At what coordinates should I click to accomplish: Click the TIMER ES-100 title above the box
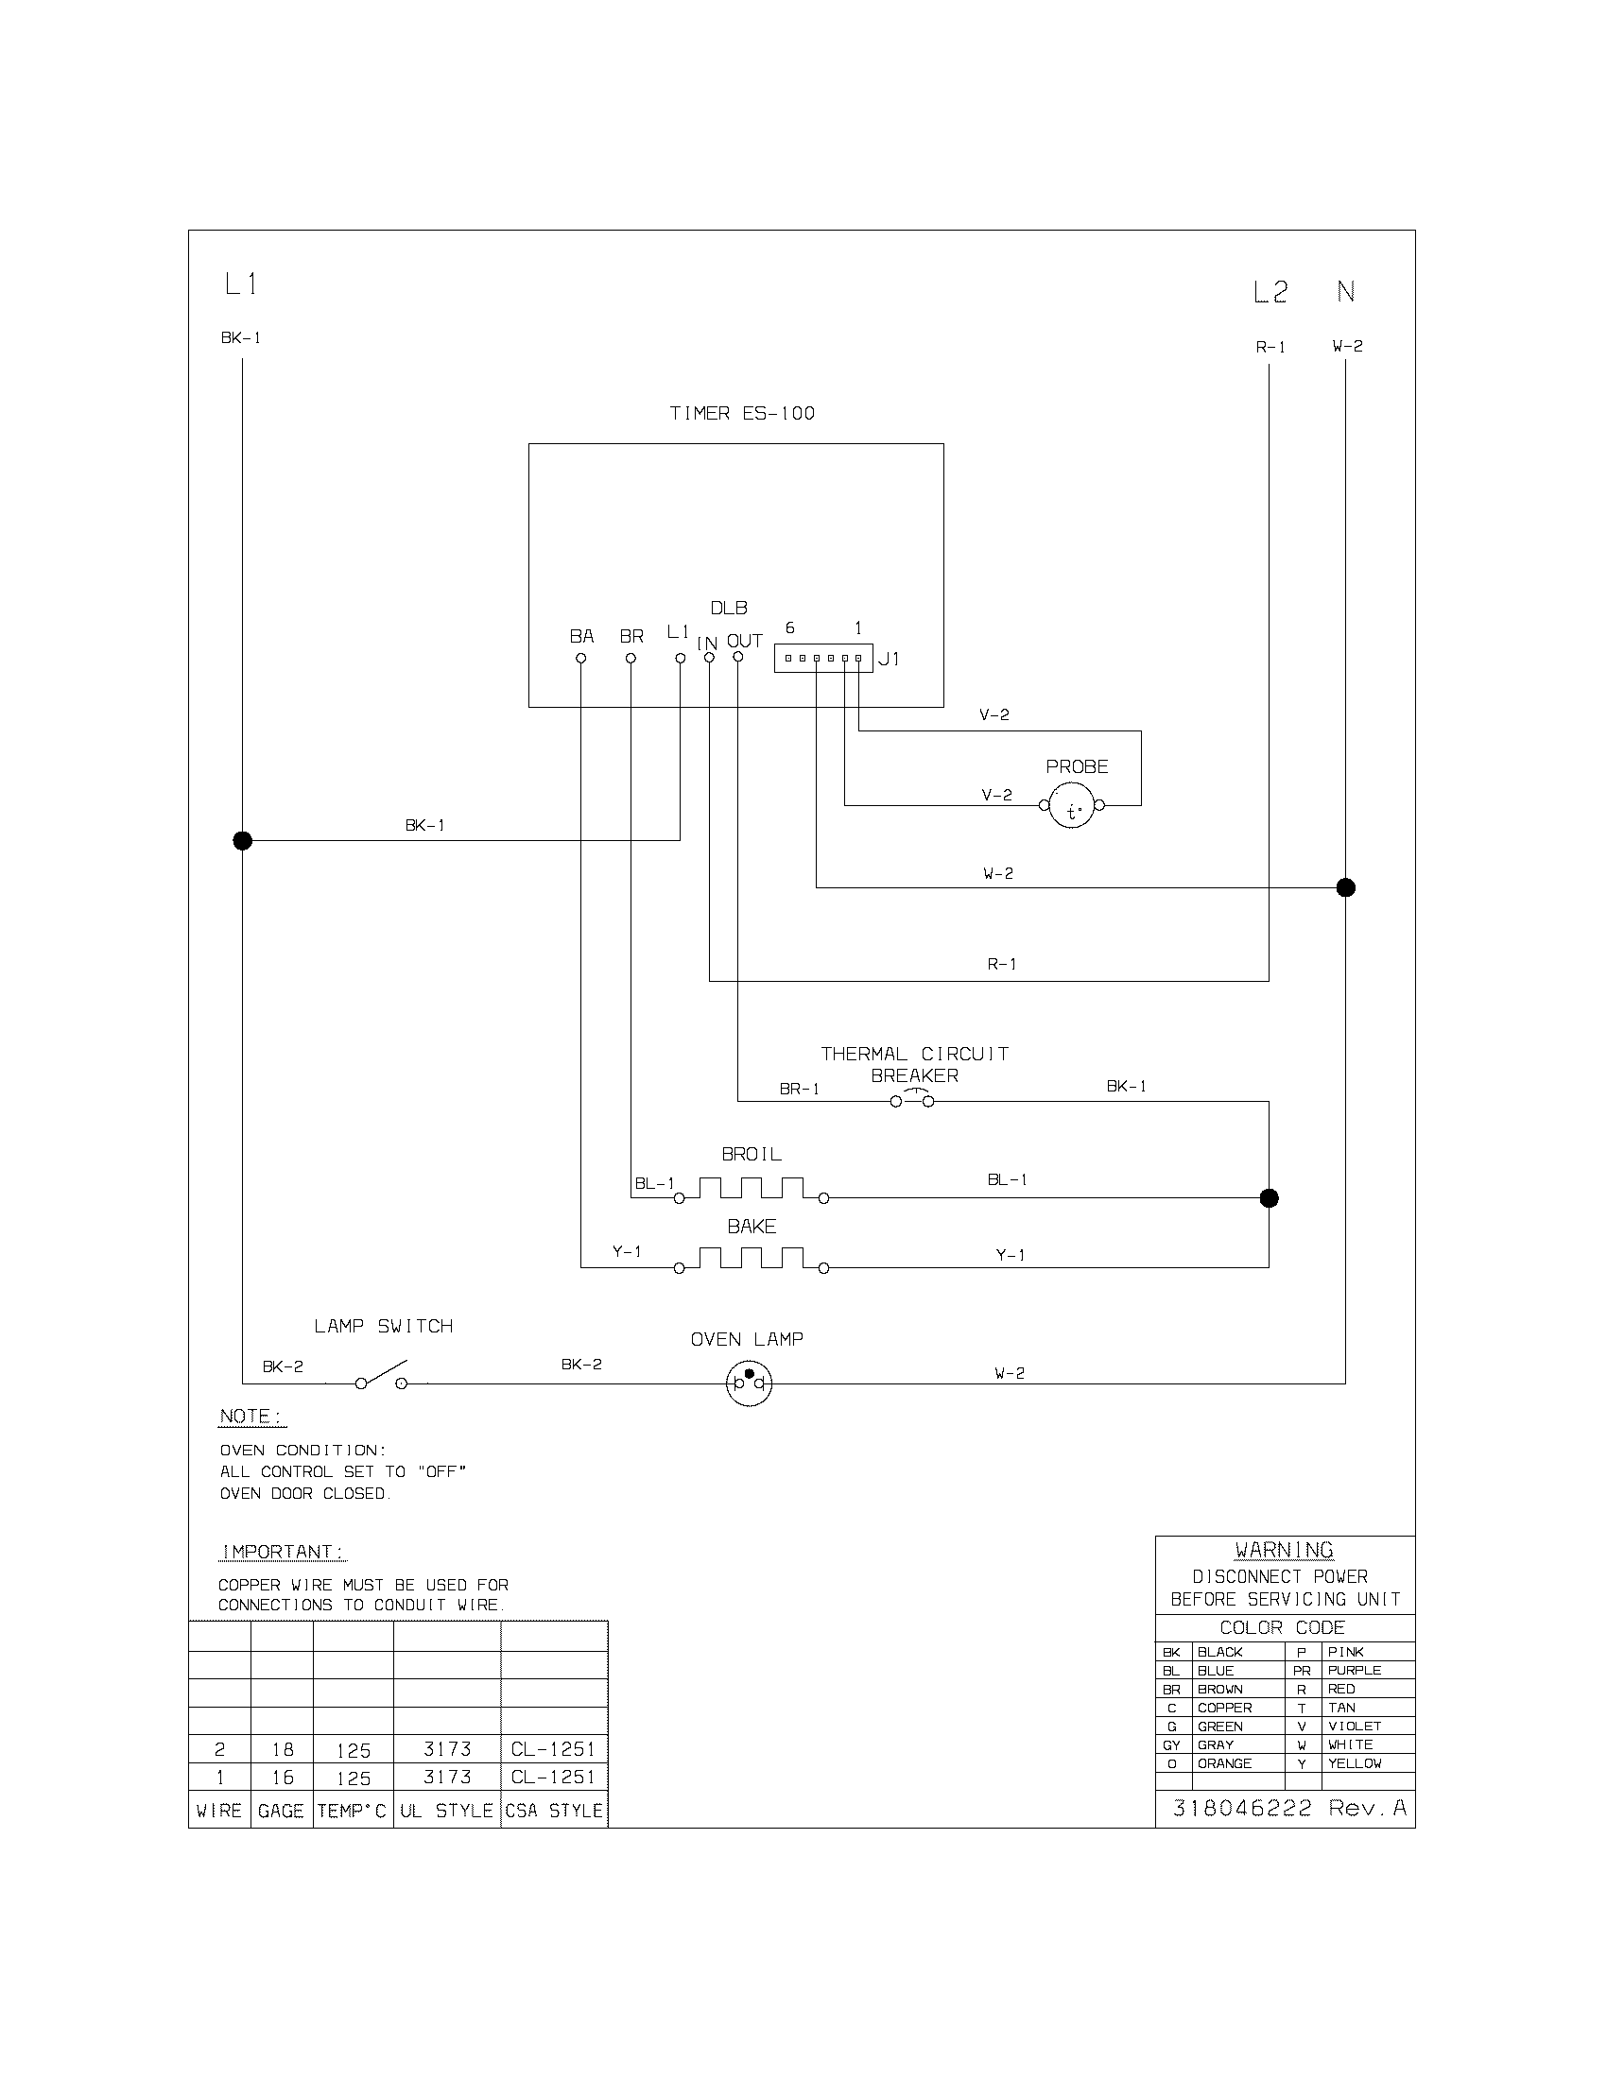pos(742,413)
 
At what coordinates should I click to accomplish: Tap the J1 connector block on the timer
pos(822,658)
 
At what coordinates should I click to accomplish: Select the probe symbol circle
pos(1072,806)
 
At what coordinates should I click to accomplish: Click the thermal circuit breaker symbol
pos(912,1100)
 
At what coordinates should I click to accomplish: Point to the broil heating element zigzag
pos(752,1188)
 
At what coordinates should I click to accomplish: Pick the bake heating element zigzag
pos(752,1258)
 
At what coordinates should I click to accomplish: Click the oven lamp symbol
pos(749,1383)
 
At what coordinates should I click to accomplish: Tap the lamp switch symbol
pos(381,1378)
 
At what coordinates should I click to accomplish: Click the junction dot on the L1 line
pos(243,840)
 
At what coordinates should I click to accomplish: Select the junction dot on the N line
pos(1345,887)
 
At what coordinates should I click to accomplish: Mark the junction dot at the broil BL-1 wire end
pos(1269,1198)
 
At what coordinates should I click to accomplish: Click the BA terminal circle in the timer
pos(580,658)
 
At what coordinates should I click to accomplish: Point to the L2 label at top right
pos(1270,292)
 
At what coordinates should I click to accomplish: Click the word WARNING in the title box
pos(1284,1551)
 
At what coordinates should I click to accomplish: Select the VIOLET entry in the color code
pos(1354,1726)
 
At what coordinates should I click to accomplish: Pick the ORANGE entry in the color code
pos(1224,1763)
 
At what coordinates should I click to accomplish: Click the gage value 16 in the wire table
pos(282,1778)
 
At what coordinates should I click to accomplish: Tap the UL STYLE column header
pos(446,1811)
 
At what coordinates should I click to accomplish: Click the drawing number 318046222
pos(1241,1808)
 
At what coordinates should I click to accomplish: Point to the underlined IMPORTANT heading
pos(283,1552)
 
